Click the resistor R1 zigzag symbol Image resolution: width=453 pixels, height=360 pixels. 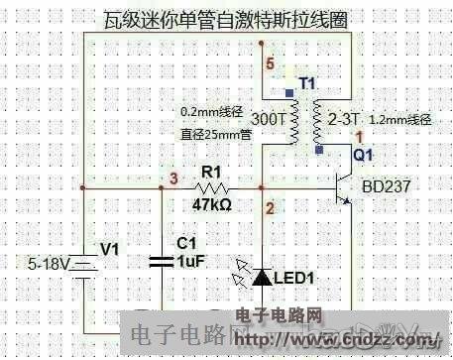pyautogui.click(x=210, y=187)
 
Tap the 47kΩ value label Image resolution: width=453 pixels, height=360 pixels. pyautogui.click(x=212, y=205)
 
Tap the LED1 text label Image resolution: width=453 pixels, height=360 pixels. pyautogui.click(x=295, y=280)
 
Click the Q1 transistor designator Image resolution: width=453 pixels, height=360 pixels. pyautogui.click(x=364, y=157)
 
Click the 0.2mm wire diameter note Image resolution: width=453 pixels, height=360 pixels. pyautogui.click(x=215, y=110)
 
